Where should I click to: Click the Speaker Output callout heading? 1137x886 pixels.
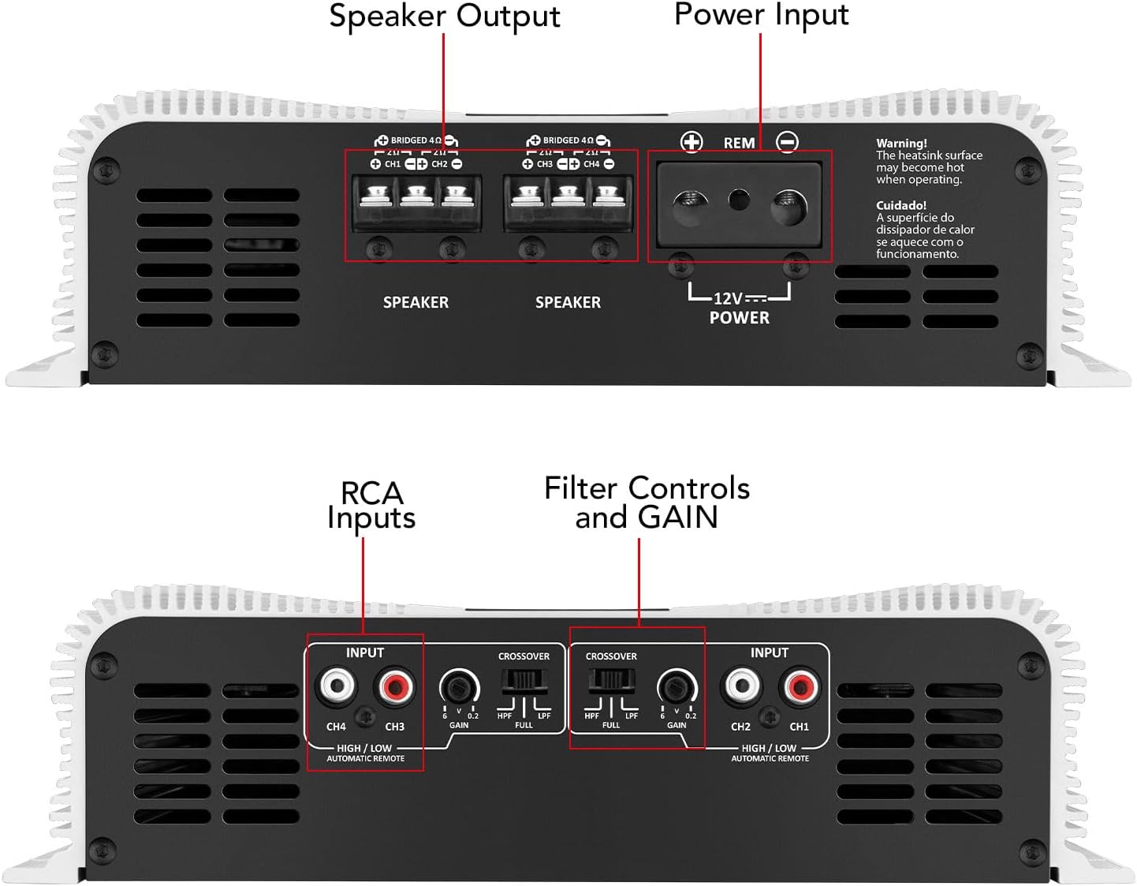pos(444,17)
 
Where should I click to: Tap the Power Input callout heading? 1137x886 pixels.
pos(761,14)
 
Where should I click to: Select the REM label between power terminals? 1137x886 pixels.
pos(739,143)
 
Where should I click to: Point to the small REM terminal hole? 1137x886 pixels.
pos(739,199)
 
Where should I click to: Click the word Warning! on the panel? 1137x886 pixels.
pos(901,143)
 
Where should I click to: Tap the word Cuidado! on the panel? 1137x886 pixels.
pos(900,205)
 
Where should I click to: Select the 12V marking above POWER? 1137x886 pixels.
pos(728,298)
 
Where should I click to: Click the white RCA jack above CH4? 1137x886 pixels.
pos(336,686)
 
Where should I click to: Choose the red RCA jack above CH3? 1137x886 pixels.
pos(395,686)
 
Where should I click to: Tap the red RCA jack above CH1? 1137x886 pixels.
pos(800,686)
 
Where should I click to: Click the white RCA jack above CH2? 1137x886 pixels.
pos(741,686)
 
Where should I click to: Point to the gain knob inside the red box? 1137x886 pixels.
pos(677,686)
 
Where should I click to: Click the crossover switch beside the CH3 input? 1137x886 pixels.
pos(524,680)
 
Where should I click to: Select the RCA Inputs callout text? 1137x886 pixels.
pos(371,505)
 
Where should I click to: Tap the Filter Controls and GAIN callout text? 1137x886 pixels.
pos(647,503)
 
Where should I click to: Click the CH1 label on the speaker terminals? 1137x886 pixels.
pos(393,164)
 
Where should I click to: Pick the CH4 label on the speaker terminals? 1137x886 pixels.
pos(591,164)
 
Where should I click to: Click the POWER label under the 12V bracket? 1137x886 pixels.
pos(739,318)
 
